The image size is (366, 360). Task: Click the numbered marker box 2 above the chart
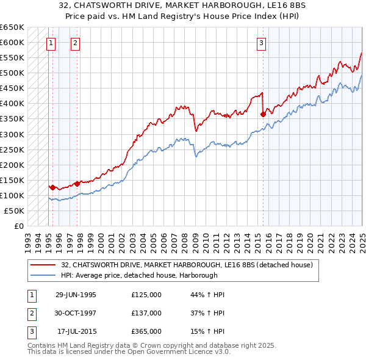[x=74, y=43]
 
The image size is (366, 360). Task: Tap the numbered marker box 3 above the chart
[x=261, y=43]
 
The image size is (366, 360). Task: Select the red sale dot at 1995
[x=53, y=187]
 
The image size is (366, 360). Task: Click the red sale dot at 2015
[x=263, y=114]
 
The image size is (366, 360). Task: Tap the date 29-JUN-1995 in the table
[x=76, y=295]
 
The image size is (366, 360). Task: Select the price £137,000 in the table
[x=146, y=313]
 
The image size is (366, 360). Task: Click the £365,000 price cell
[x=146, y=331]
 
